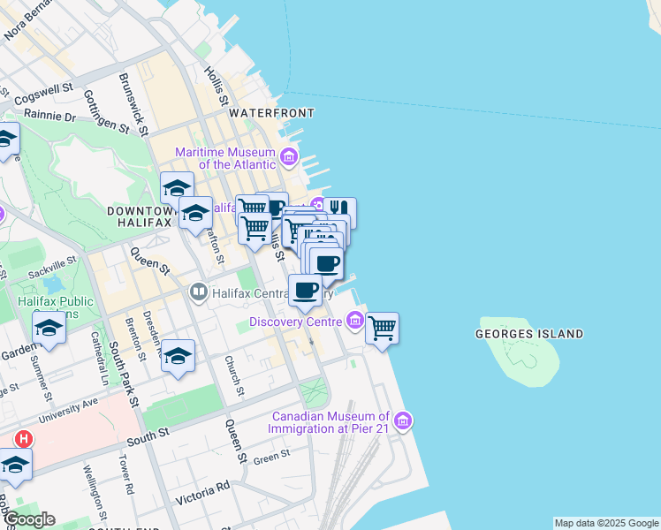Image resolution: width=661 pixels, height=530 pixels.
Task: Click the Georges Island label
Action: pyautogui.click(x=529, y=334)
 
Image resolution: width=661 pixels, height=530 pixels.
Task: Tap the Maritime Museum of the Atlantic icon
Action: pyautogui.click(x=288, y=158)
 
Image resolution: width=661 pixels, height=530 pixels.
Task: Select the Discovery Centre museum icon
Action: pyautogui.click(x=356, y=320)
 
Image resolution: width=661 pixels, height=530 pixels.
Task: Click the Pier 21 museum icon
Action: pyautogui.click(x=403, y=420)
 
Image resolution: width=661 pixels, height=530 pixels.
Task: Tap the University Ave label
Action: pyautogui.click(x=70, y=407)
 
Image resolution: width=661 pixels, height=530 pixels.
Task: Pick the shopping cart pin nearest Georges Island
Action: pyautogui.click(x=382, y=328)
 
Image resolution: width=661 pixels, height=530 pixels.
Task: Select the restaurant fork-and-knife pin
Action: pyautogui.click(x=339, y=212)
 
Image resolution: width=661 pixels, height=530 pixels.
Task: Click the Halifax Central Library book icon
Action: pyautogui.click(x=199, y=291)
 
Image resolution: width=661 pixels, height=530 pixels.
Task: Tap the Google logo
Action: pyautogui.click(x=28, y=519)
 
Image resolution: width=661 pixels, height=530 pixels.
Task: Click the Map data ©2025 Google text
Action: pyautogui.click(x=606, y=523)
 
